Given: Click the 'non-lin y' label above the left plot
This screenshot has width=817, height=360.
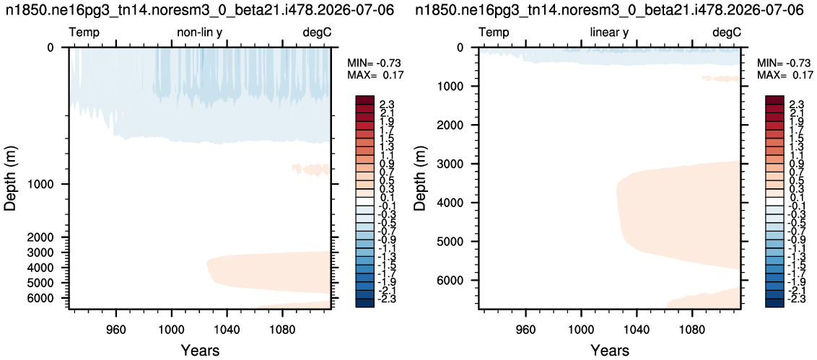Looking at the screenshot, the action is [x=200, y=33].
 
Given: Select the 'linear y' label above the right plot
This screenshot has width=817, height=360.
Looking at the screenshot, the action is [x=609, y=33].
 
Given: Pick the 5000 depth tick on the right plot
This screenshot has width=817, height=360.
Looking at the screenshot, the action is [x=456, y=242].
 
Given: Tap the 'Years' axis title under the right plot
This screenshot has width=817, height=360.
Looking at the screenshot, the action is [x=610, y=348].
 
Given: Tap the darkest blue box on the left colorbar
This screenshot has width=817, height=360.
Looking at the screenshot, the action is [x=366, y=303].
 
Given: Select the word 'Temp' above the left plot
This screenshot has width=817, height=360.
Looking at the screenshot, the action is [x=84, y=33].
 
